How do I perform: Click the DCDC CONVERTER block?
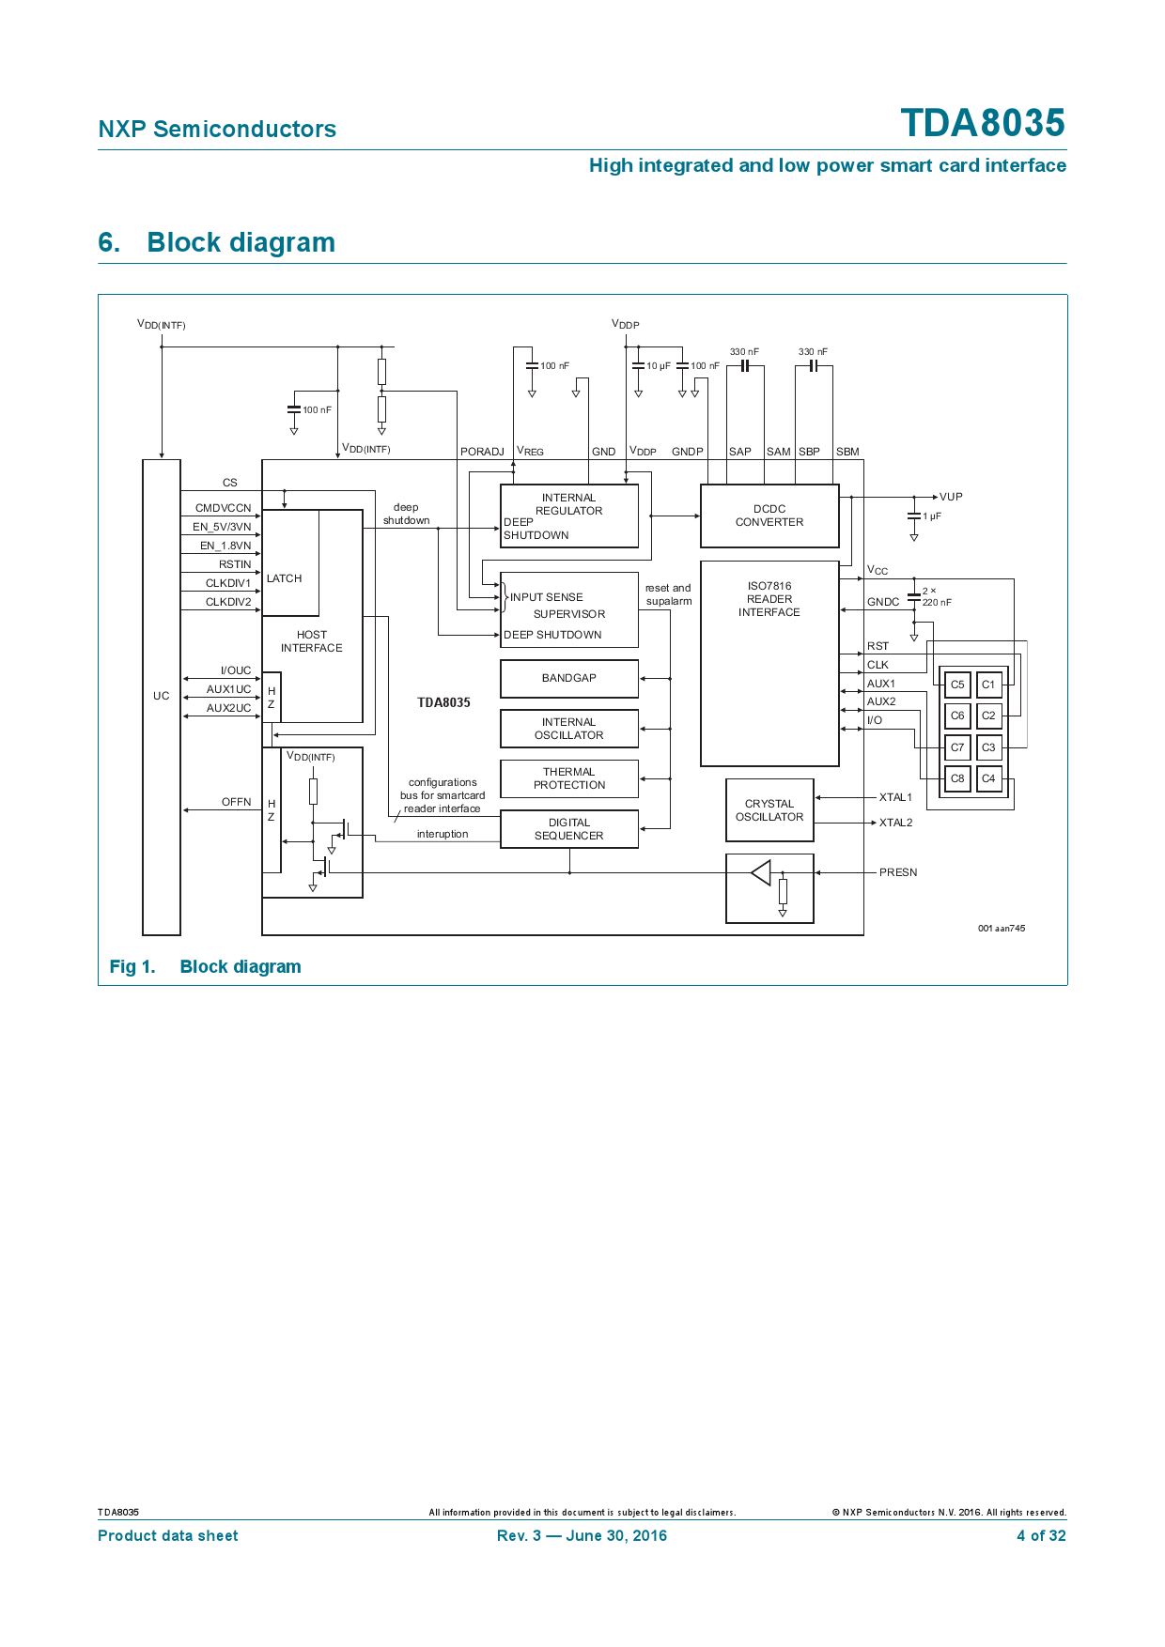pos(769,516)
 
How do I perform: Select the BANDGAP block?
pos(569,678)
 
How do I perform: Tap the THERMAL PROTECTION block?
pos(569,778)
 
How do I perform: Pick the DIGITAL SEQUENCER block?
pos(569,829)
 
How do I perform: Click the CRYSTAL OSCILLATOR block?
pos(769,810)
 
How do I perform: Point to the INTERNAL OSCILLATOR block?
pos(569,729)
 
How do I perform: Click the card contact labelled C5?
pos(957,685)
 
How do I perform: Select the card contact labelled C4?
pos(988,778)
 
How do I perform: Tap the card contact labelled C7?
pos(957,747)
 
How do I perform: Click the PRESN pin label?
pos(898,872)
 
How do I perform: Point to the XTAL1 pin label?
pos(895,797)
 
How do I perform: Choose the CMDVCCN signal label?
pos(224,508)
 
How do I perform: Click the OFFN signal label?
pos(237,802)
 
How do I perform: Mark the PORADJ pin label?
pos(482,452)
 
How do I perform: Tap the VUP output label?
pos(951,497)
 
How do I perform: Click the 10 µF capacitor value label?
pos(659,366)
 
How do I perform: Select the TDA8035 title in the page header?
pos(983,123)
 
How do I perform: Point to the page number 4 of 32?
pos(1041,1536)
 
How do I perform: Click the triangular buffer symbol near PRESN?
pos(761,872)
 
